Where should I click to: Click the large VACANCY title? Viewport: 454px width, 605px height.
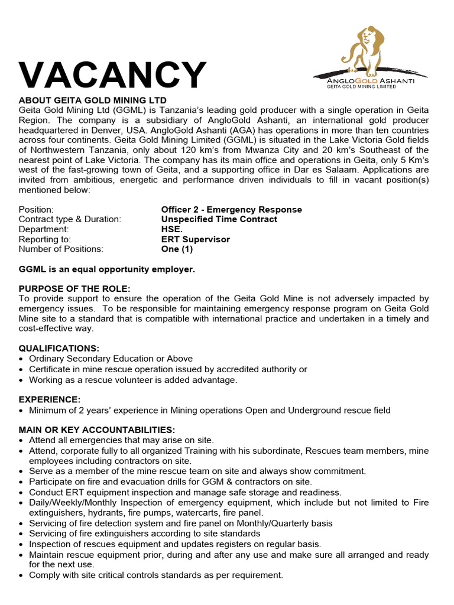(x=112, y=76)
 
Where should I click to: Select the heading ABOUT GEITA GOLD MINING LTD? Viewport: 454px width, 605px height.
(x=93, y=100)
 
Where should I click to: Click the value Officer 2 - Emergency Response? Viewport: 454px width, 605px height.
(x=231, y=210)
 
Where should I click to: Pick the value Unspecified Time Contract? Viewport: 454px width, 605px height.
(x=219, y=219)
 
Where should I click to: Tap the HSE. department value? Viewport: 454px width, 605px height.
(x=172, y=229)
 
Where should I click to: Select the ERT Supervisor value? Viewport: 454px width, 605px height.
(x=195, y=239)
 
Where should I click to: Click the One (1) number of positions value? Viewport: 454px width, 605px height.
(x=177, y=249)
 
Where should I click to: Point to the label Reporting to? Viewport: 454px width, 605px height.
(x=44, y=239)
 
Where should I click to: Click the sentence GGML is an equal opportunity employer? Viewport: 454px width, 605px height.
(x=106, y=269)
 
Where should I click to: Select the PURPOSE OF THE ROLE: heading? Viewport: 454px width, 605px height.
(x=74, y=289)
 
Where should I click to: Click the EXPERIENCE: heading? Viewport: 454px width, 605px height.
(x=50, y=400)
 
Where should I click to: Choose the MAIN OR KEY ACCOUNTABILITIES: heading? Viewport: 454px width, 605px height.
(x=97, y=430)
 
